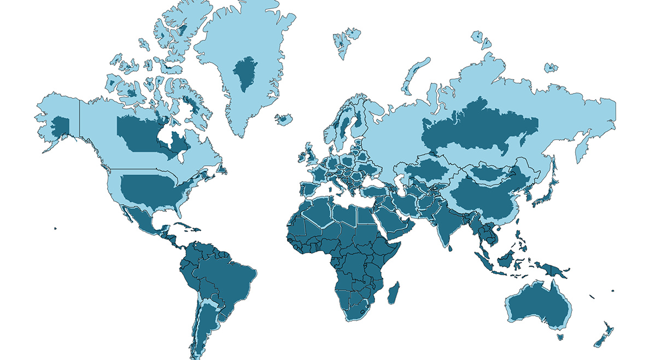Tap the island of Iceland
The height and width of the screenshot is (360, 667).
tap(284, 119)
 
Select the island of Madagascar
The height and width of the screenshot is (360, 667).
tap(393, 292)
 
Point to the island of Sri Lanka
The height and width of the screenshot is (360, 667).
tap(449, 247)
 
